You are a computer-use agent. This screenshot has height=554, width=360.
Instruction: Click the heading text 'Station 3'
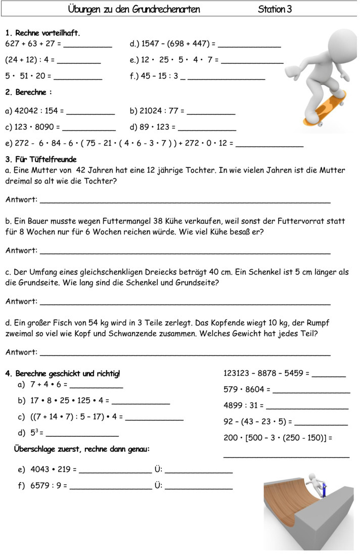pyautogui.click(x=275, y=9)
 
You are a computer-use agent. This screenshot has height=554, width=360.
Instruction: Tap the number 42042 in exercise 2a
pyautogui.click(x=25, y=111)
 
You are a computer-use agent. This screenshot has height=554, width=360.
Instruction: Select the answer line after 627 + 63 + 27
pyautogui.click(x=87, y=46)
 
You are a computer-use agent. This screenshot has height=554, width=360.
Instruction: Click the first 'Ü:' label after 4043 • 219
pyautogui.click(x=158, y=470)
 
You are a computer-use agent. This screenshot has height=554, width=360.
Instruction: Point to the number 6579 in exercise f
pyautogui.click(x=40, y=486)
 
